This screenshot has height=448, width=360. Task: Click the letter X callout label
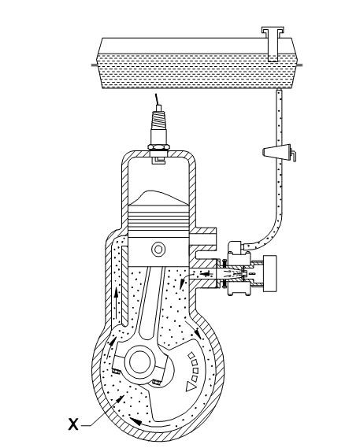73,424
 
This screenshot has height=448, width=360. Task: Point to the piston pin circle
158,249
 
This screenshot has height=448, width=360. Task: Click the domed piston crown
158,198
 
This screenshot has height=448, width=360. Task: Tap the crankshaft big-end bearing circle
140,361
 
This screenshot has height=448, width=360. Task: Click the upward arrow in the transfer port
116,304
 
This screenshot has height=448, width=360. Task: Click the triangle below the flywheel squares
191,387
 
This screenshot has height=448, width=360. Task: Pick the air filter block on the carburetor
269,273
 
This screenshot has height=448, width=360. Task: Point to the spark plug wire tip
155,94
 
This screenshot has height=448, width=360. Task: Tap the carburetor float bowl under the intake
239,288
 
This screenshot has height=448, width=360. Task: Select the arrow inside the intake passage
206,274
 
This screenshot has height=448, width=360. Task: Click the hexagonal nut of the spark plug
158,147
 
